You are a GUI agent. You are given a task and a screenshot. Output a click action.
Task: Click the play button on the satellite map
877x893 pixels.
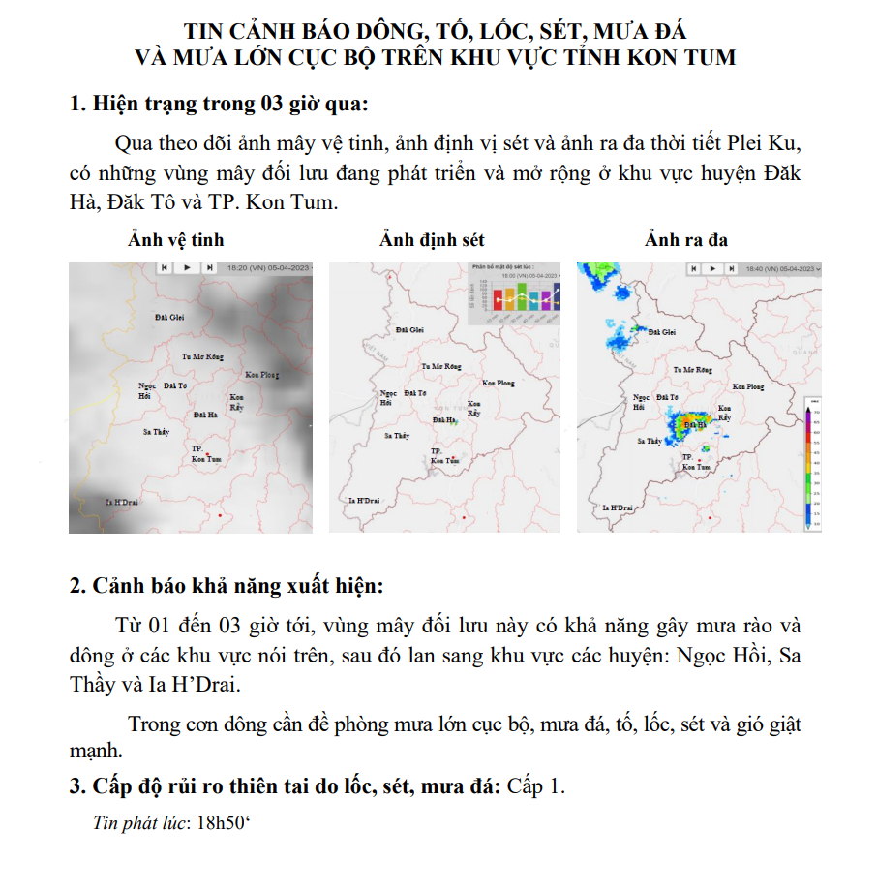tap(187, 267)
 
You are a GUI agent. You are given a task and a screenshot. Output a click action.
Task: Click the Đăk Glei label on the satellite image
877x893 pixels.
tap(169, 317)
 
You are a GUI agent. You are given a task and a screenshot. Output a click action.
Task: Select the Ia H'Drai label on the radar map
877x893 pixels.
tap(618, 508)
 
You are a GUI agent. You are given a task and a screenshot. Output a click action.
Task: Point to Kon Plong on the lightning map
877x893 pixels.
tap(499, 383)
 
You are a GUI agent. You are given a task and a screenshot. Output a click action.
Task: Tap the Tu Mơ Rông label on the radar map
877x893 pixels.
tap(697, 370)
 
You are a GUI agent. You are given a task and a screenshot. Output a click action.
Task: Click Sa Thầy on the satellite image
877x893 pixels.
tap(157, 431)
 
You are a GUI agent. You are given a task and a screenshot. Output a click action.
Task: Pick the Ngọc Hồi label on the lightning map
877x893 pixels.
tap(388, 397)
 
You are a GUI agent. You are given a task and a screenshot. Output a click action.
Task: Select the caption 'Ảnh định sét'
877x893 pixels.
tap(432, 239)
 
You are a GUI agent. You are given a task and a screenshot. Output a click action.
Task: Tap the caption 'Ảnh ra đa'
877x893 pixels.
tap(686, 239)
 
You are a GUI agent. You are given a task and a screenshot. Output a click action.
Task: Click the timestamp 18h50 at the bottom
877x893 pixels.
tap(223, 823)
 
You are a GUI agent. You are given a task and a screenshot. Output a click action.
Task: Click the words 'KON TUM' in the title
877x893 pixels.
tap(681, 57)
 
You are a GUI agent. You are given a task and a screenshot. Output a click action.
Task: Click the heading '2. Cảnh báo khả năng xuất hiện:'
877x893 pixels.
tap(227, 586)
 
